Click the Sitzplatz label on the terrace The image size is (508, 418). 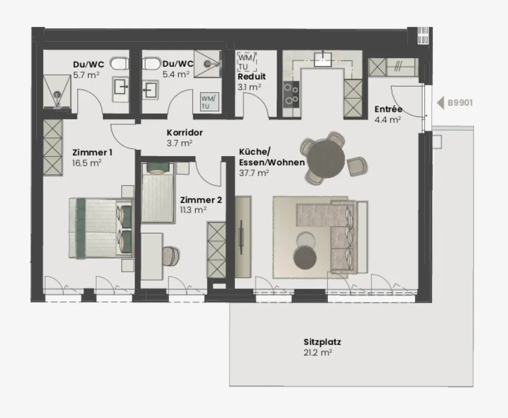pos(322,343)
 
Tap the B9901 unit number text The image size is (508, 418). pos(460,103)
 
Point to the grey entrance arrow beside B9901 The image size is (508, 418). pos(440,103)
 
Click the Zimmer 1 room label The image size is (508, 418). pos(92,153)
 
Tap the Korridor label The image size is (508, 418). pos(184,133)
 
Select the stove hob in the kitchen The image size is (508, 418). pos(291,94)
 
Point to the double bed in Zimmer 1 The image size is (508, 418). pos(99,228)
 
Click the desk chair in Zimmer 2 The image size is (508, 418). pos(171,255)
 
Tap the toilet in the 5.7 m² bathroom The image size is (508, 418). pos(120,64)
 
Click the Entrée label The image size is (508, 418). pos(388,109)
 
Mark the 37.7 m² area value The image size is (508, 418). pos(254,172)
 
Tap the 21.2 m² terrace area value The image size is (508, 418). pos(318,353)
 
